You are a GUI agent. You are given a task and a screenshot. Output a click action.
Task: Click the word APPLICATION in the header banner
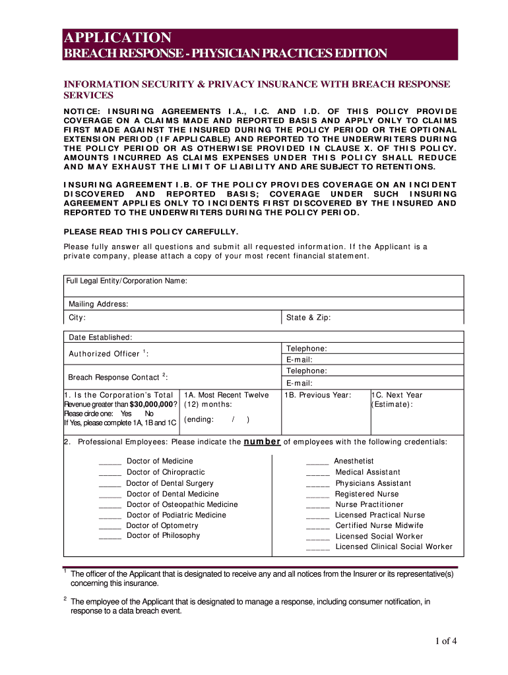[117, 38]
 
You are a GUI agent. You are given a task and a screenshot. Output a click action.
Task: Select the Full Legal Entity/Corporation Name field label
[127, 281]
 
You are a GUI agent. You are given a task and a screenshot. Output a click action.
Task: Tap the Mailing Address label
[98, 305]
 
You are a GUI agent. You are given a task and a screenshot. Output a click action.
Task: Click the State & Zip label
[308, 318]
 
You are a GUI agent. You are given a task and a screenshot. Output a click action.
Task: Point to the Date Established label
[100, 337]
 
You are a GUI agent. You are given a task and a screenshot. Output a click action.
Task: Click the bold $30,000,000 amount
[151, 405]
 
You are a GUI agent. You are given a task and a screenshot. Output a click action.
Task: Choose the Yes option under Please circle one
[126, 414]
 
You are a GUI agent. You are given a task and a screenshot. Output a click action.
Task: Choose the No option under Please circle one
[148, 414]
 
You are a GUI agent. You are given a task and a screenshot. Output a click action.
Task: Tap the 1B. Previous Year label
[317, 396]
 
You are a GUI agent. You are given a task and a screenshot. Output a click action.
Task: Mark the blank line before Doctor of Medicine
[110, 461]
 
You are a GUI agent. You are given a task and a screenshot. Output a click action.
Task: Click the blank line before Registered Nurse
[317, 494]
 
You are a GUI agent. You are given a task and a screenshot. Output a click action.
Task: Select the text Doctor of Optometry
[162, 525]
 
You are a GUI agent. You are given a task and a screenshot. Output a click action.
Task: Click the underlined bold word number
[263, 442]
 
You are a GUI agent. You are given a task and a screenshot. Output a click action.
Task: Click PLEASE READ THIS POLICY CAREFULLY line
[150, 231]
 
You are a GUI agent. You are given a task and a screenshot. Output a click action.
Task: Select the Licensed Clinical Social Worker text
[394, 546]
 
